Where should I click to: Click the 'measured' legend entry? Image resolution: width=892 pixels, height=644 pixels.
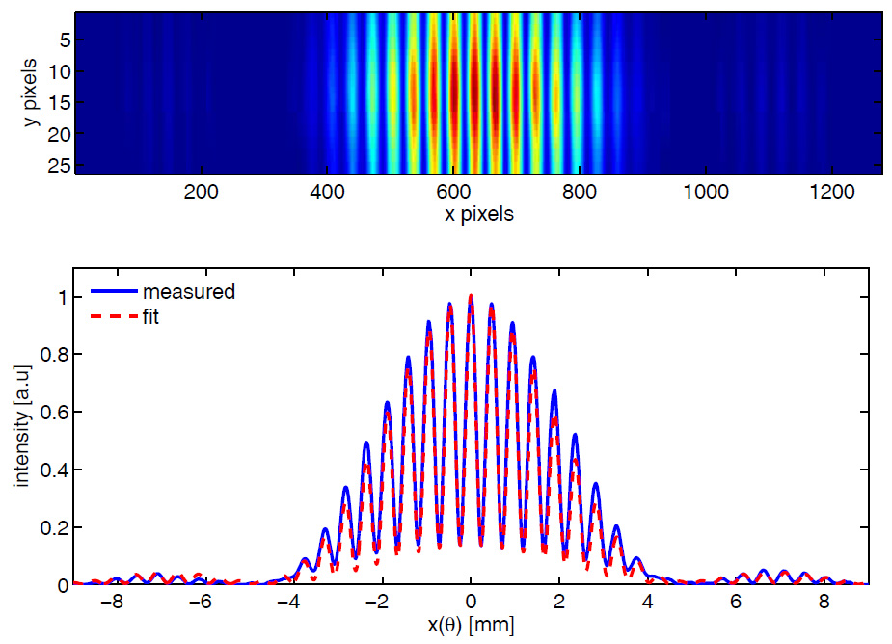(188, 291)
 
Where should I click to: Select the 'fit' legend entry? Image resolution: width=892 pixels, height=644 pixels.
(151, 314)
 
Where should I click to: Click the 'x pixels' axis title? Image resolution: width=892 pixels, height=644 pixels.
(478, 214)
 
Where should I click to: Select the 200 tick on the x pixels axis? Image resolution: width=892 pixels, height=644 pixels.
(202, 191)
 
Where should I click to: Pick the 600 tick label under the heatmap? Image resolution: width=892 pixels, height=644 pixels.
(580, 191)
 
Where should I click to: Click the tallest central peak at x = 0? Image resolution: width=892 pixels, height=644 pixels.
(471, 297)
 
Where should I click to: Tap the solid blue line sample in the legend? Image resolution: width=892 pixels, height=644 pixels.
(112, 291)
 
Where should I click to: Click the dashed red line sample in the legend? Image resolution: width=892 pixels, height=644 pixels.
(112, 314)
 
